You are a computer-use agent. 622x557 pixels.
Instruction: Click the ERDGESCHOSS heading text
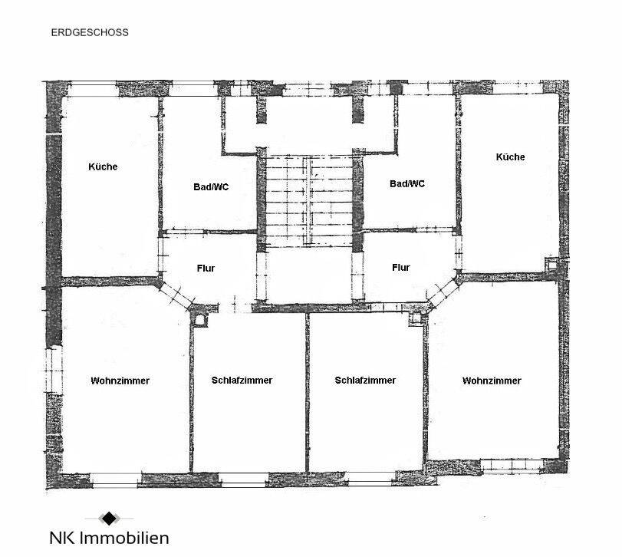[90, 33]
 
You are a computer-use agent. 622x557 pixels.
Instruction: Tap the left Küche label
[104, 166]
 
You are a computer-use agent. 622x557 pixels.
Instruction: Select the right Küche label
[511, 157]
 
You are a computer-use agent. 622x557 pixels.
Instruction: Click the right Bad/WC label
[407, 183]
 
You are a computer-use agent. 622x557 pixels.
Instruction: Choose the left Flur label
[206, 269]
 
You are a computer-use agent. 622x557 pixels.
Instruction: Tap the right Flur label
[401, 268]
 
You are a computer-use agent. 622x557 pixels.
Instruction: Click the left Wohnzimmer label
[120, 381]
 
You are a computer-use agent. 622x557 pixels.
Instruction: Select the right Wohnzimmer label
[492, 381]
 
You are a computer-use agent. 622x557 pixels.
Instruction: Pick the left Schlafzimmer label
[242, 380]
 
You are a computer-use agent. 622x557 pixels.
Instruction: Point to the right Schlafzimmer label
[366, 380]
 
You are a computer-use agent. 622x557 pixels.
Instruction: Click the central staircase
[308, 199]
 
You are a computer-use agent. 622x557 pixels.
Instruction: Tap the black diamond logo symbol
[109, 518]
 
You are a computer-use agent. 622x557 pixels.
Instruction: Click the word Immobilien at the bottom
[127, 538]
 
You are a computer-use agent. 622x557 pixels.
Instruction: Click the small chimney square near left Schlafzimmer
[201, 318]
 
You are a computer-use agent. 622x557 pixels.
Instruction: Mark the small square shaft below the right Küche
[551, 265]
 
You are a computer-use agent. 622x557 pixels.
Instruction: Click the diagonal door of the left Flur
[176, 296]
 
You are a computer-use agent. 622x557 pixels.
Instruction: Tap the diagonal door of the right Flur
[440, 295]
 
